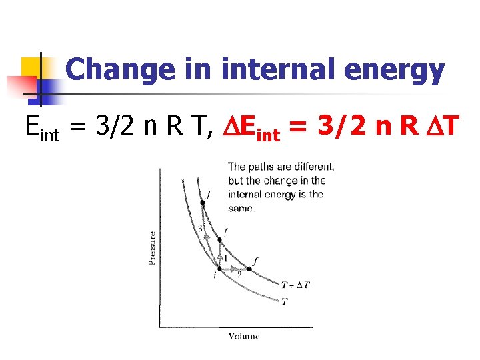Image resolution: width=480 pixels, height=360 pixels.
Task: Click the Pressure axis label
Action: (x=153, y=248)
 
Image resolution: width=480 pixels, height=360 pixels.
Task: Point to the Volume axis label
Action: (x=243, y=337)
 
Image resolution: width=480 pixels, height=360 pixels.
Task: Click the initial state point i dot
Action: (x=220, y=269)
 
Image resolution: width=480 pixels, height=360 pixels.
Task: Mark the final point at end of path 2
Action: (x=249, y=269)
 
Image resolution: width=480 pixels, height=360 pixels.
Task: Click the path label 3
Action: (x=199, y=229)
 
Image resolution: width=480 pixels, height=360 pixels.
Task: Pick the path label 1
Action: (x=225, y=258)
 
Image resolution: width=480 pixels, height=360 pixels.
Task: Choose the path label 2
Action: (x=239, y=274)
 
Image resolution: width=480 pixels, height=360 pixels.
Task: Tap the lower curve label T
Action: (x=285, y=301)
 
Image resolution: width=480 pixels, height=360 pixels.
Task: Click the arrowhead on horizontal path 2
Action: (x=233, y=269)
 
